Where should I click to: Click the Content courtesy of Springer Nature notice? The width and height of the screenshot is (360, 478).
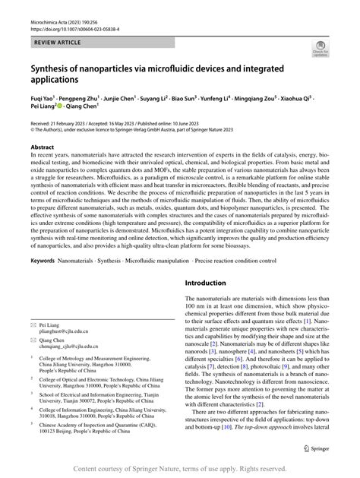click(179, 468)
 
